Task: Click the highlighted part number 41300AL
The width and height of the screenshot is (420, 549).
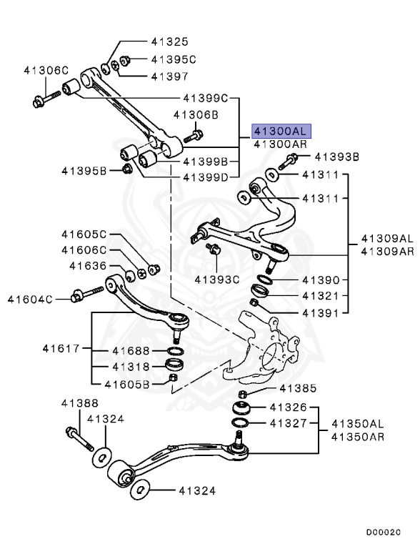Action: pos(281,131)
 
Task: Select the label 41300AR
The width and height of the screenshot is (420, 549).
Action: pos(281,144)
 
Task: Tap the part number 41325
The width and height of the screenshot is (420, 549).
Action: pos(169,41)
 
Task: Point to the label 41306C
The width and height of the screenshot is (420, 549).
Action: pos(46,70)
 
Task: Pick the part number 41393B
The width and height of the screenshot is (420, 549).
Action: pos(337,157)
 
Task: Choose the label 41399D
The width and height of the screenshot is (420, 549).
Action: pos(205,177)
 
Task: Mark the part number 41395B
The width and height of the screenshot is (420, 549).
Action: pos(84,170)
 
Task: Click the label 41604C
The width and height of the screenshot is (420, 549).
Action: pos(31,298)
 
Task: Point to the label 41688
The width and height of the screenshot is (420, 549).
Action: pos(129,350)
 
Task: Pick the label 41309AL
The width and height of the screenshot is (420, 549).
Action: pos(386,238)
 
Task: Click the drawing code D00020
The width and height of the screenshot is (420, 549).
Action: pos(384,533)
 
